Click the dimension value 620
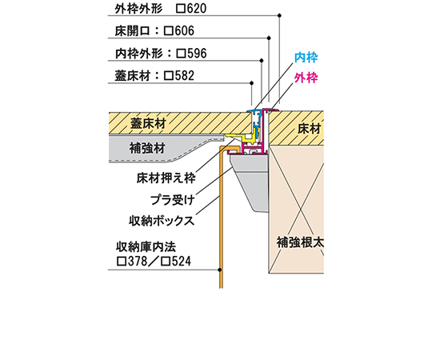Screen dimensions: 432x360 (x=197, y=8)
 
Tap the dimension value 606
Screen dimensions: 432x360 (x=184, y=30)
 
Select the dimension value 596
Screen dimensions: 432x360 (x=197, y=53)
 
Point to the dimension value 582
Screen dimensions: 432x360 (x=184, y=75)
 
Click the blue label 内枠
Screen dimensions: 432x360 (x=306, y=58)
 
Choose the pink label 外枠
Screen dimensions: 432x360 (x=306, y=78)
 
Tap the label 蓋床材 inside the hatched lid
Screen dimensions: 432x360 (x=148, y=123)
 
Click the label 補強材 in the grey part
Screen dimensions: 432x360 (x=147, y=149)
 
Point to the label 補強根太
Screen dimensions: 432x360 (x=300, y=242)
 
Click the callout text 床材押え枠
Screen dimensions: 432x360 (x=166, y=178)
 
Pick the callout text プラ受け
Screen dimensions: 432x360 (x=173, y=200)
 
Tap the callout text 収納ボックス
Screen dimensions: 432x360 (x=162, y=221)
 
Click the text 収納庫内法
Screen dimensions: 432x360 (x=146, y=246)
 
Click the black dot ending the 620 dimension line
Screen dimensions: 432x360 (x=280, y=15)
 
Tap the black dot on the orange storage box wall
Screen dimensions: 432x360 (x=220, y=270)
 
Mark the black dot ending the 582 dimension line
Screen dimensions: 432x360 (x=251, y=83)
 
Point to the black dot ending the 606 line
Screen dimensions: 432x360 (x=269, y=38)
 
